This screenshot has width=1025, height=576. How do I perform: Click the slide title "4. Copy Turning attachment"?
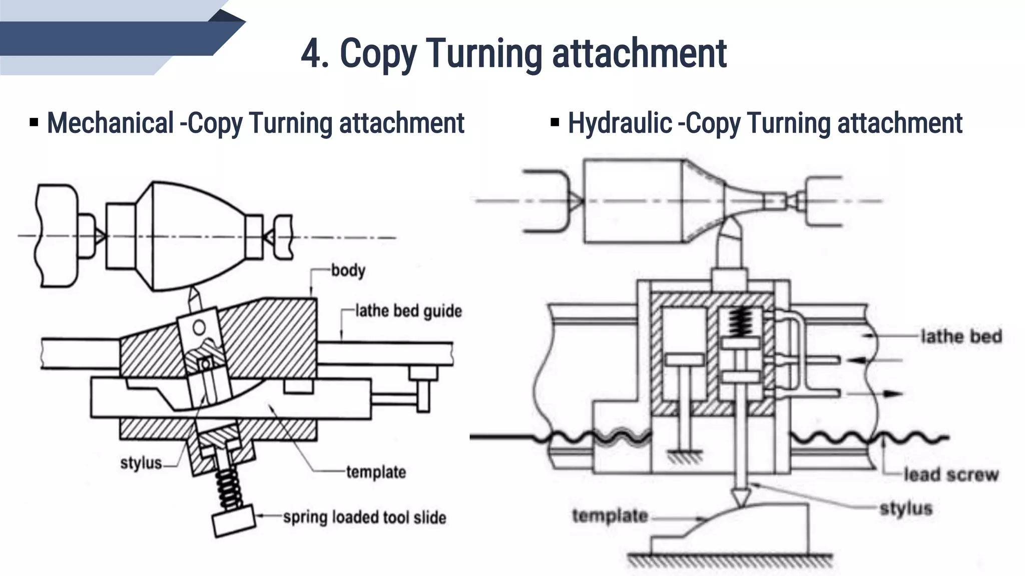[x=514, y=53]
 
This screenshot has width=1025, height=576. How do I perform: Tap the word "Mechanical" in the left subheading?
[x=110, y=123]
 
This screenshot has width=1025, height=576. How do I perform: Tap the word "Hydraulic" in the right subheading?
[x=619, y=123]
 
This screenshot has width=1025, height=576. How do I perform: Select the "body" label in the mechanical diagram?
[x=348, y=270]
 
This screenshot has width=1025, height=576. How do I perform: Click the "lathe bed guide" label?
[x=408, y=311]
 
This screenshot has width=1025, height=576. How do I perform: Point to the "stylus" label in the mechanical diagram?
[x=141, y=463]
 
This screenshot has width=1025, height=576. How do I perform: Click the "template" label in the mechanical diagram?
[x=376, y=472]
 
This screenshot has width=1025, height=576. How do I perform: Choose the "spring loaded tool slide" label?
[x=364, y=517]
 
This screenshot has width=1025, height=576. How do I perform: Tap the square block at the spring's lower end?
[x=234, y=521]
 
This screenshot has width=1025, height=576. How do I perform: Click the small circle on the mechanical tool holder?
[x=199, y=328]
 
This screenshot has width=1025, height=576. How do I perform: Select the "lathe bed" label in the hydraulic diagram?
[x=961, y=336]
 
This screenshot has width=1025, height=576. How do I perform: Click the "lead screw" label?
[x=950, y=474]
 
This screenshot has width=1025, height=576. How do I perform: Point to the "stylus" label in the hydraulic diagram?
[x=906, y=508]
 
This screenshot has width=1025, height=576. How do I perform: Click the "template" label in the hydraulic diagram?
[x=610, y=515]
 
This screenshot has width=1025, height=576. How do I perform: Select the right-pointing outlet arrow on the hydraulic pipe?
[x=889, y=393]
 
